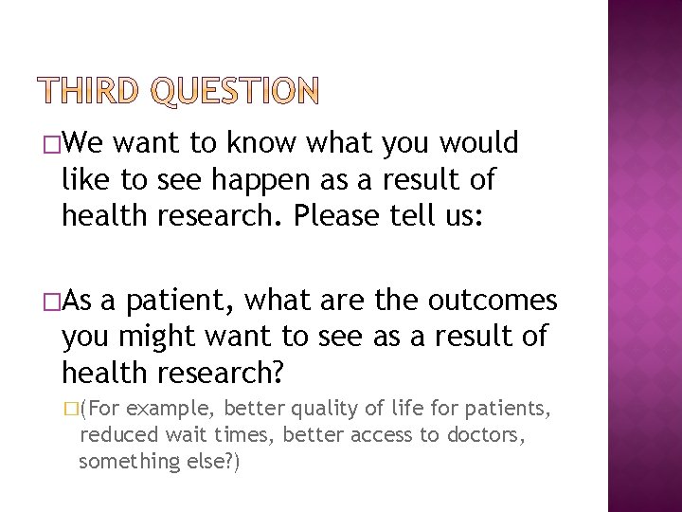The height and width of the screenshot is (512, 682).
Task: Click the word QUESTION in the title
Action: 237,92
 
